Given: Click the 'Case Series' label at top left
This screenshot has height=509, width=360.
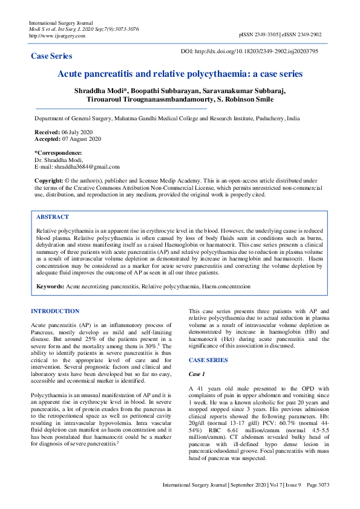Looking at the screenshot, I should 51,56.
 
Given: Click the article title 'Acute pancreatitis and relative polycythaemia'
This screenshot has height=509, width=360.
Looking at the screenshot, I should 180,74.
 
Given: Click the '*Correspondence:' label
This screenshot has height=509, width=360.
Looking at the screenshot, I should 58,152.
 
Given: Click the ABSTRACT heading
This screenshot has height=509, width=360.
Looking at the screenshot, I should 53,217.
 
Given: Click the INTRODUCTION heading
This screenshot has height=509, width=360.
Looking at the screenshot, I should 54,311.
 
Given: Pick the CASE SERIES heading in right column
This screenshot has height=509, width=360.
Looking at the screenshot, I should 208,360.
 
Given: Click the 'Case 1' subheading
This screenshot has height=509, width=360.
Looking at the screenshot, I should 198,374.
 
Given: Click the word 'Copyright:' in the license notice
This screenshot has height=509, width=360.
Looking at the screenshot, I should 49,181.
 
